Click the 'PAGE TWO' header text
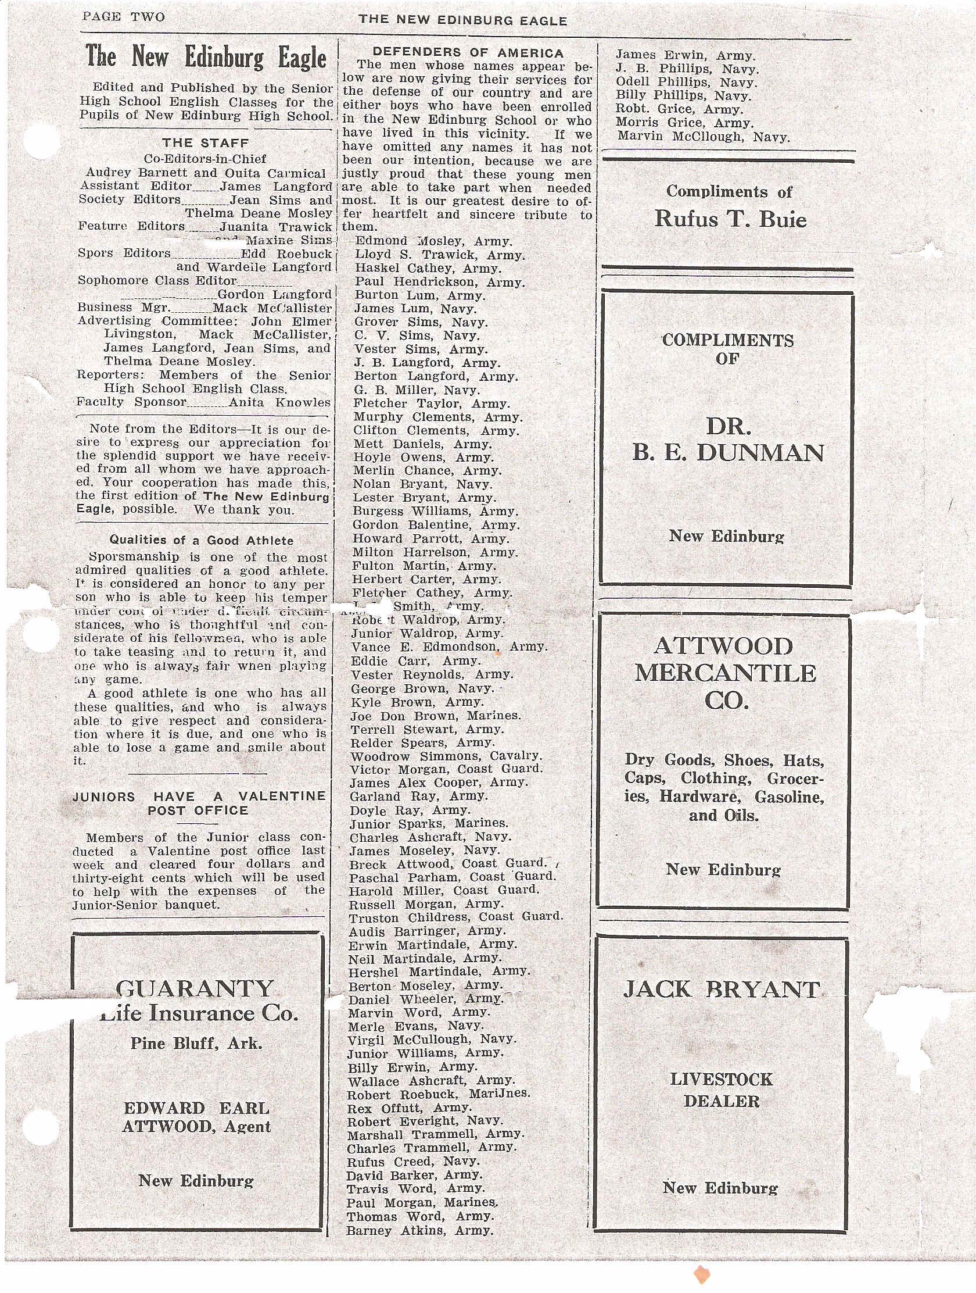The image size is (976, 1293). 123,17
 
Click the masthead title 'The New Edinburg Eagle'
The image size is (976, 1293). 206,58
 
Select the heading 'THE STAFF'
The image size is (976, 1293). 205,143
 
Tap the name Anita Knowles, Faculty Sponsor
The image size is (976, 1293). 279,402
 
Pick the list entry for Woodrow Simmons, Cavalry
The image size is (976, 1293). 446,756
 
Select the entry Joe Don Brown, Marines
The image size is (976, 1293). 435,716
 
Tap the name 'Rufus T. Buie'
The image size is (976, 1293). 730,220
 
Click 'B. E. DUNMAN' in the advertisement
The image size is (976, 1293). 729,453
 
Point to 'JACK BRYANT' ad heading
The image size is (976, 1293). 722,989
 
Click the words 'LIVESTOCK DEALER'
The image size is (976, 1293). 722,1090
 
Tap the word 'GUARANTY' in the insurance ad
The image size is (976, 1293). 195,988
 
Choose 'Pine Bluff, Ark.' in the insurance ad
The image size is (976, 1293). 196,1044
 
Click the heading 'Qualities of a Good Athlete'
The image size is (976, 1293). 202,540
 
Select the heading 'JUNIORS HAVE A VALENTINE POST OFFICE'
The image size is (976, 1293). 199,803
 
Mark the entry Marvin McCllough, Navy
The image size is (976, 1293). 702,138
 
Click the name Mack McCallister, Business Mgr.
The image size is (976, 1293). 272,308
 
